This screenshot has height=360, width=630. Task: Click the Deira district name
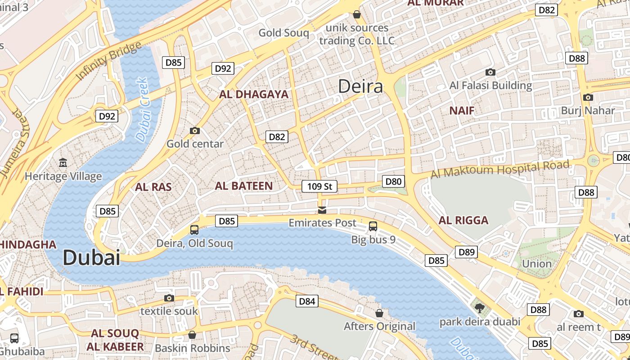point(360,86)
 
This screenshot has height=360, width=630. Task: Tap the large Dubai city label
point(91,258)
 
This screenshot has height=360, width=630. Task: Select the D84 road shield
point(307,301)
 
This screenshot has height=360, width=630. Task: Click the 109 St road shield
point(319,186)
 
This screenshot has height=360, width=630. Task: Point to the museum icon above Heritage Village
point(63,162)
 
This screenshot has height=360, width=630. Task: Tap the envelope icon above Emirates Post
point(322,210)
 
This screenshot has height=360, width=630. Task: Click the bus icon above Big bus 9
point(373,226)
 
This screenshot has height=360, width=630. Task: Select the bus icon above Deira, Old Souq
point(194,230)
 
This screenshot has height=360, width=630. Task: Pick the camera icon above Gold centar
point(195,131)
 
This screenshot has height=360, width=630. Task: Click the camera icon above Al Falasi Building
point(490,72)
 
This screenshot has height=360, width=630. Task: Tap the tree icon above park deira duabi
point(480,308)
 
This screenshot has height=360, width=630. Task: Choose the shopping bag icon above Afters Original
point(380,313)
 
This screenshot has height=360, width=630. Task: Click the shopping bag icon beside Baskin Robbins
point(192,335)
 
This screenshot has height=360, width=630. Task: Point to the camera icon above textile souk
point(169,298)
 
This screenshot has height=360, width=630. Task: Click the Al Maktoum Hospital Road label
point(499,170)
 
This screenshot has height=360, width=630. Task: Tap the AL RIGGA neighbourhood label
point(463,220)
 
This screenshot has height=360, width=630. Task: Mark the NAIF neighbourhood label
point(462,110)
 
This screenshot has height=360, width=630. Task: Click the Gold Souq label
point(283,33)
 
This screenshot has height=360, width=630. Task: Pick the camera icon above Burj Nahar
point(588,97)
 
